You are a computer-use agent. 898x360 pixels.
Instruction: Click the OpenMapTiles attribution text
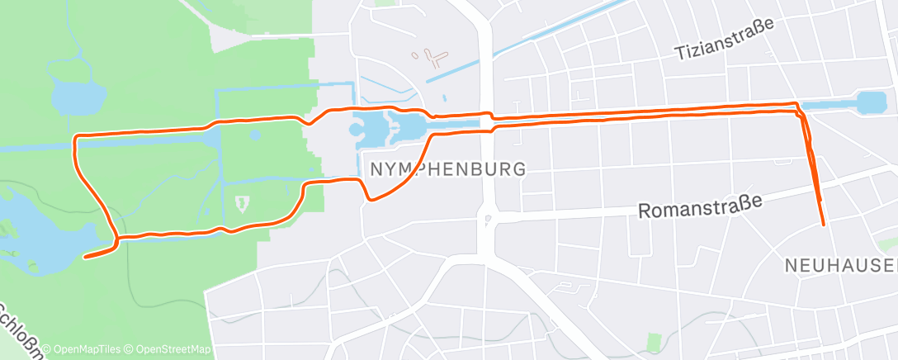point(82,349)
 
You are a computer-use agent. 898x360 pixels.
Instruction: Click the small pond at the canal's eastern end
point(870,103)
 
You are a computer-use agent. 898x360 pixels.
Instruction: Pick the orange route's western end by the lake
point(86,256)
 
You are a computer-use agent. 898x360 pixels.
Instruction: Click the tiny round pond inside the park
point(254,134)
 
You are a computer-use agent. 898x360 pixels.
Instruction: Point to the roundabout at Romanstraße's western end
point(488,220)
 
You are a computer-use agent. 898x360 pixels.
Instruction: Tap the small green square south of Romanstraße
point(655,341)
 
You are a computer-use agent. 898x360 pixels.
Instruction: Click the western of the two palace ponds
point(370,127)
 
